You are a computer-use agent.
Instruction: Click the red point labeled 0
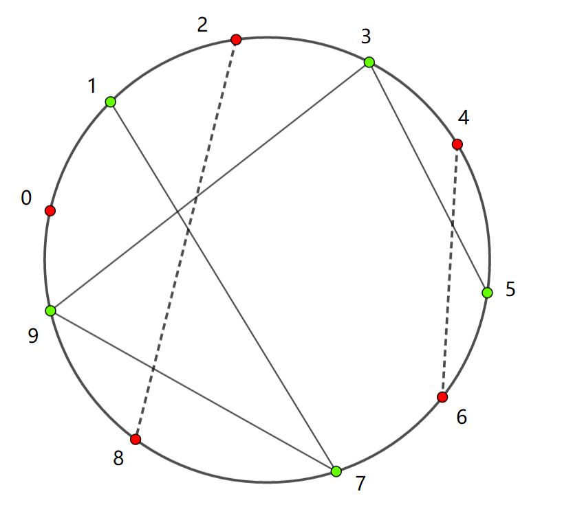[50, 211]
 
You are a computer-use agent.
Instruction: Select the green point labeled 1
[110, 102]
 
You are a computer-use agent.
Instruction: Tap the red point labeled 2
[236, 40]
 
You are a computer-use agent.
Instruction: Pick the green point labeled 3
[369, 63]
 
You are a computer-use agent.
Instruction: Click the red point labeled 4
[457, 144]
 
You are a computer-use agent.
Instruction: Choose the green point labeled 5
[487, 293]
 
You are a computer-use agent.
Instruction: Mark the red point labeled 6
[442, 397]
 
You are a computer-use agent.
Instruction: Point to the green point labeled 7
[336, 471]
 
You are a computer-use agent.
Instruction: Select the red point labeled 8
[136, 439]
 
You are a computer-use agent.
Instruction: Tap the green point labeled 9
[50, 311]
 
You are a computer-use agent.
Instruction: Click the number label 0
[26, 199]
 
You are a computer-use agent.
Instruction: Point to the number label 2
[202, 25]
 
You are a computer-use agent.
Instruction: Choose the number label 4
[463, 118]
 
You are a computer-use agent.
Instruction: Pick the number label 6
[461, 417]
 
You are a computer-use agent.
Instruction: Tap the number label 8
[118, 459]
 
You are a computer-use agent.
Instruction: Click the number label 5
[510, 289]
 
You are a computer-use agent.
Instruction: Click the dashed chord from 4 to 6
[450, 271]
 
